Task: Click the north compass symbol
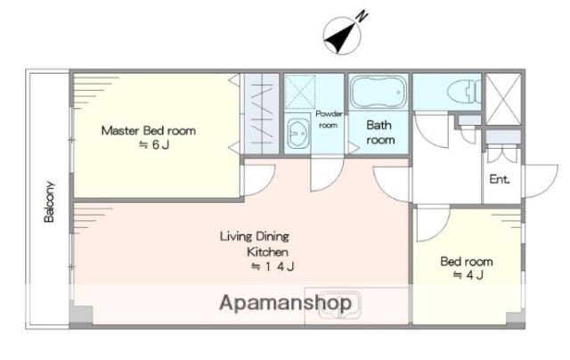342,37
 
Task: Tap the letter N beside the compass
362,17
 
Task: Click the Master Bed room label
149,131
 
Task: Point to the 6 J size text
154,145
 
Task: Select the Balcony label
49,201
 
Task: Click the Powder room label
329,119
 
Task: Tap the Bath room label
380,133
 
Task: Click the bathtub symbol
379,92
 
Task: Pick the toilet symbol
464,91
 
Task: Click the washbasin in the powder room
297,133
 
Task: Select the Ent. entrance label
500,179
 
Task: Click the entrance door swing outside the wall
541,181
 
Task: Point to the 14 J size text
273,266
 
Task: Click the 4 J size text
468,275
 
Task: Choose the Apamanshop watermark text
286,303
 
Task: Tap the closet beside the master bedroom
262,114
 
